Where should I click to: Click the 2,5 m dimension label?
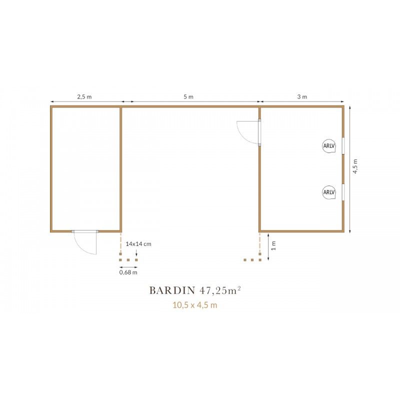point(84,96)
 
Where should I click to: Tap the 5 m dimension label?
point(188,96)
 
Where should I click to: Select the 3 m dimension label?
point(302,96)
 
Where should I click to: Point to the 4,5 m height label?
point(355,166)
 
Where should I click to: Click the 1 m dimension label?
point(273,245)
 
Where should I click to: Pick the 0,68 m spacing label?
point(128,272)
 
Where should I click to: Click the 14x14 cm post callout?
point(138,244)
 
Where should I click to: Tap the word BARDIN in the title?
point(172,290)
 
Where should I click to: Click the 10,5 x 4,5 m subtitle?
point(195,305)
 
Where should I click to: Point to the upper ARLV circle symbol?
point(329,146)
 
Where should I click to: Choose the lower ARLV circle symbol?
point(329,192)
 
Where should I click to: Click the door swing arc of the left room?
point(79,247)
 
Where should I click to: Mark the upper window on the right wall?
point(343,145)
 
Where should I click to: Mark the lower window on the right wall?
point(343,191)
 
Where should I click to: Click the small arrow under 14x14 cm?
point(136,253)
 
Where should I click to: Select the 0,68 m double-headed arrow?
point(128,267)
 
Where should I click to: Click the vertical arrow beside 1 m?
point(268,246)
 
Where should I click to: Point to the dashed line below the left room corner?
point(120,242)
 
